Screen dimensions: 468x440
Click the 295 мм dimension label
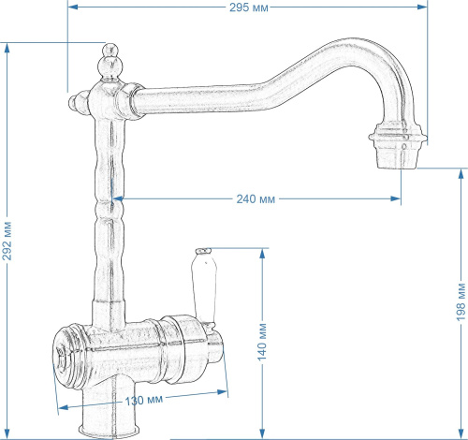point(249,7)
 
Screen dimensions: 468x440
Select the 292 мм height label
point(7,241)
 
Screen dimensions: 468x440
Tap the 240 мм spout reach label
point(256,198)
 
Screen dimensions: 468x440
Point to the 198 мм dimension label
point(461,301)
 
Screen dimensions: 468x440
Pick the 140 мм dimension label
point(262,342)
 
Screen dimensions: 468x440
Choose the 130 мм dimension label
point(144,400)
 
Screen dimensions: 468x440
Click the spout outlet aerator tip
point(398,146)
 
